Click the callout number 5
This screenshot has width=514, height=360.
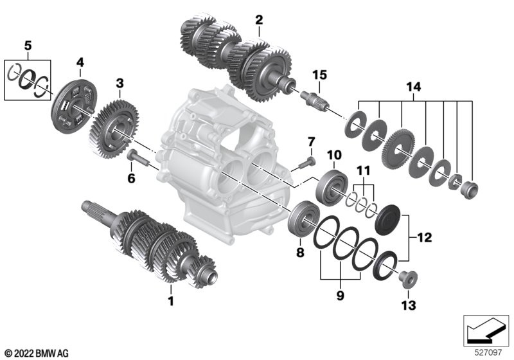[x=28, y=46]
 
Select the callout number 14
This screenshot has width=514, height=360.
[x=413, y=87]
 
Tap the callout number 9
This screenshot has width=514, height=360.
[x=341, y=296]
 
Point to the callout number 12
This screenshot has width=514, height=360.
[x=424, y=237]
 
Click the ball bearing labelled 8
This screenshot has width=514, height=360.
[x=303, y=219]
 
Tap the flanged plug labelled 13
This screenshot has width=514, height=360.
[x=408, y=280]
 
